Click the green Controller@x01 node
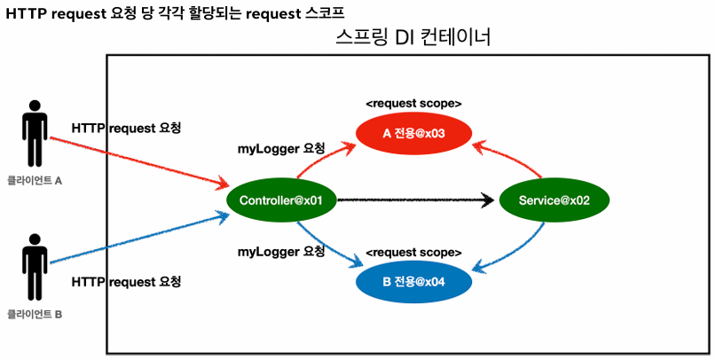280,200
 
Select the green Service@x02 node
555,200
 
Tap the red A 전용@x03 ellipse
413,133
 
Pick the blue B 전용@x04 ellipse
413,283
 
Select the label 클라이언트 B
34,314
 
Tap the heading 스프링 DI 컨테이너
413,38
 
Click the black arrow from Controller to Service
417,200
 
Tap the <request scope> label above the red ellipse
413,103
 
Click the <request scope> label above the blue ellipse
413,253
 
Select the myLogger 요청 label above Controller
281,147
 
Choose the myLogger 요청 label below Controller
281,252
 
